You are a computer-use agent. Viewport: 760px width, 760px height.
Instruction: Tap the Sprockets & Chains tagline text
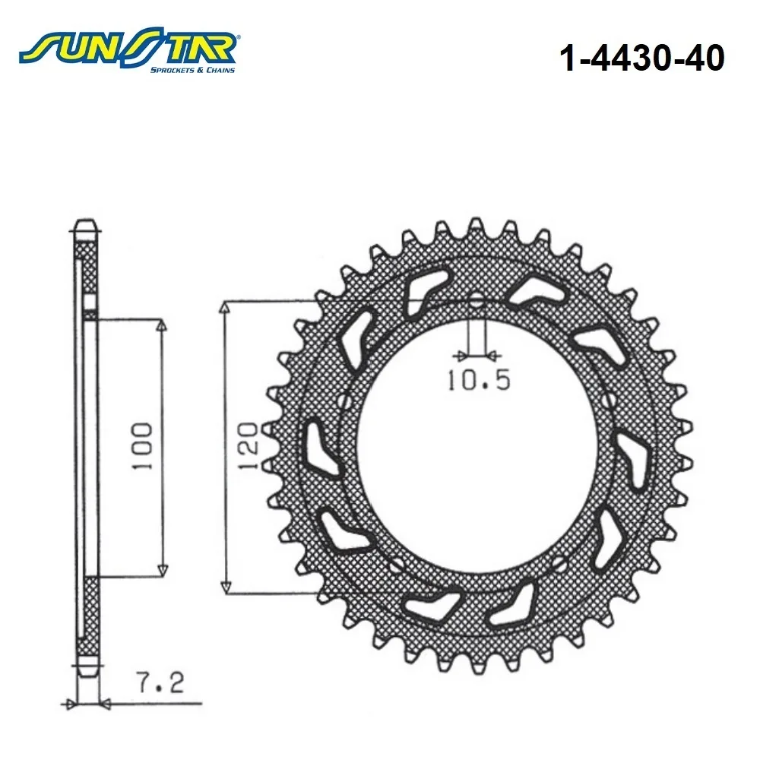click(192, 70)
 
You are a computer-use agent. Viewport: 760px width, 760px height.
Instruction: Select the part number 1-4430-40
click(641, 59)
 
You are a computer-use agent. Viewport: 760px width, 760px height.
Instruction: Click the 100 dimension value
click(142, 446)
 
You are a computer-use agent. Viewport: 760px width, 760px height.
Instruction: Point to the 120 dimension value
click(249, 445)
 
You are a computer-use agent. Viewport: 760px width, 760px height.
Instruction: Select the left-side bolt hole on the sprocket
click(345, 401)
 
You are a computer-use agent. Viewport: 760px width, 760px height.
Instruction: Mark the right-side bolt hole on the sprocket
click(609, 401)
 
